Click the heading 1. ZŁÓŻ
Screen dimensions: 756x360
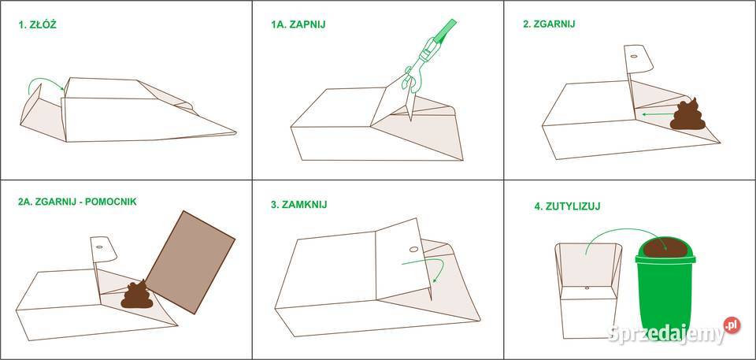(38, 25)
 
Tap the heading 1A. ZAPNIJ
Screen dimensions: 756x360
(298, 24)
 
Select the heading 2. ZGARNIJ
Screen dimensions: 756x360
(549, 24)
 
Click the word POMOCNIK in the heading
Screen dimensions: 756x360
(111, 202)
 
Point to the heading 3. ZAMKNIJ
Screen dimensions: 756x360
(299, 205)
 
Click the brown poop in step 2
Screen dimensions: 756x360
(687, 115)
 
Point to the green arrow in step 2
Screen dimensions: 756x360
(657, 114)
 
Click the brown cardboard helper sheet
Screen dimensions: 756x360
(191, 262)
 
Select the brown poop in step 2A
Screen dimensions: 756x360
(137, 295)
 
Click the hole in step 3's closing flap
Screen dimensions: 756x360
(413, 250)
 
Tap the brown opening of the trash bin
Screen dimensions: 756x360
(665, 248)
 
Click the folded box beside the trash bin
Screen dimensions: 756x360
(588, 290)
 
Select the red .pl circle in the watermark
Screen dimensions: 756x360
(732, 325)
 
